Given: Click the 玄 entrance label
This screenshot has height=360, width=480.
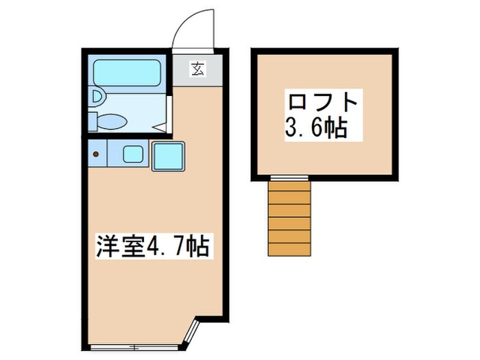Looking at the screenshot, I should click(197, 69).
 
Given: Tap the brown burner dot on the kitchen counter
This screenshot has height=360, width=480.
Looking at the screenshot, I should click(96, 153).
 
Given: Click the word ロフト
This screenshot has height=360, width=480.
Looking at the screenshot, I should click(322, 103).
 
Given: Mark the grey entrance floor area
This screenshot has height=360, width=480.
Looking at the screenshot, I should click(197, 70).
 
